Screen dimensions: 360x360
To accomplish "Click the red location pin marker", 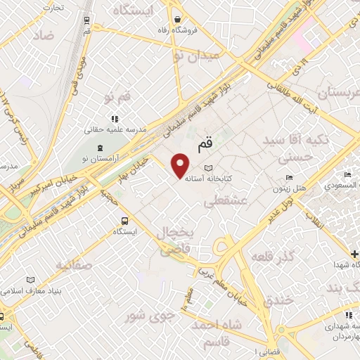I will (x=181, y=165).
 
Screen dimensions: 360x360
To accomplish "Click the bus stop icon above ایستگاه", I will (x=124, y=219).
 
